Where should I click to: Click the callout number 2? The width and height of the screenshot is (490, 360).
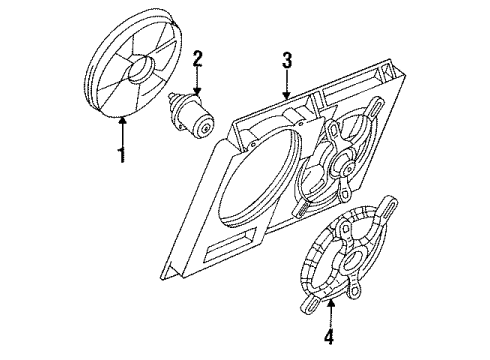point(198,58)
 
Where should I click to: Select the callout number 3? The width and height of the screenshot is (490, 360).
point(287,61)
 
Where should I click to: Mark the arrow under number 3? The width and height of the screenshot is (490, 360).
point(287,88)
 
